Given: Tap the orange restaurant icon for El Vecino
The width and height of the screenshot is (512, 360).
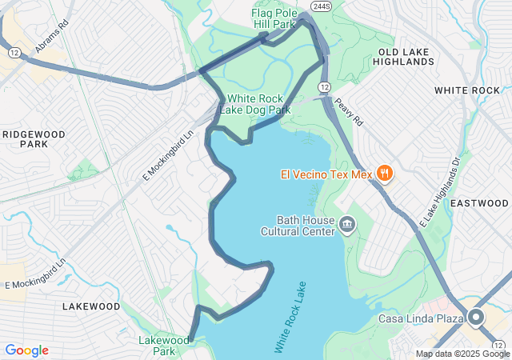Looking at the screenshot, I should coord(384,173).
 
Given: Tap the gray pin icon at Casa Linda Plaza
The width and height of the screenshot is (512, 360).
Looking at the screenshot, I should coord(476,318).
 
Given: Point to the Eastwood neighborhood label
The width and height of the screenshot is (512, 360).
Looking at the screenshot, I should coord(479,204).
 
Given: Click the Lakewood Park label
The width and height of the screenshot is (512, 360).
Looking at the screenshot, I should coord(163,346).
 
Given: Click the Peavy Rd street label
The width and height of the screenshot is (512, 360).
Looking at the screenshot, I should coord(349,111).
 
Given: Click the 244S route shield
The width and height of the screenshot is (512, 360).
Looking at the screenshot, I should coord(322,6).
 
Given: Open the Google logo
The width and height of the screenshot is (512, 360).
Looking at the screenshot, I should coord(26,350).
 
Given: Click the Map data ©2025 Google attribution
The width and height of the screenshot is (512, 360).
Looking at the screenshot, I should coord(462,354).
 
